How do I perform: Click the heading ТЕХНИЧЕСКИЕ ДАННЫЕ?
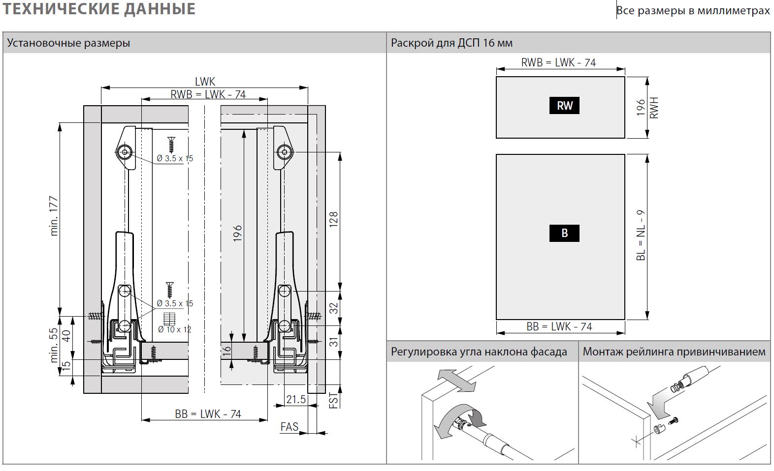coord(99,9)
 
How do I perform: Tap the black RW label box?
coord(564,105)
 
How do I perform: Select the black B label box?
coord(564,233)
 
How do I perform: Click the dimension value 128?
coord(333,219)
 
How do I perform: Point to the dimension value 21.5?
coord(296,399)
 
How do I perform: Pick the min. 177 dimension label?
coord(54,216)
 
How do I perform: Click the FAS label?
coord(289,426)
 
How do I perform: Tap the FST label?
coord(333,401)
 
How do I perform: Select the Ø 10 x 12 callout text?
coord(174,329)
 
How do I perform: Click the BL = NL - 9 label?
coord(641,235)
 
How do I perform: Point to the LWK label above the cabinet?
coord(205,82)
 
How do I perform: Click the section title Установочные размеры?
coord(68,43)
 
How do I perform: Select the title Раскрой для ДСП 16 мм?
coord(451,43)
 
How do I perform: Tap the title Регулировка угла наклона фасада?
coord(479,352)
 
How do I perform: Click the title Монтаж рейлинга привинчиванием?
coord(674,352)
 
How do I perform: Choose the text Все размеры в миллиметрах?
coord(693,10)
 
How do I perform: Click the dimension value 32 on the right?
coord(333,308)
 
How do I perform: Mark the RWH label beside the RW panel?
coord(654,108)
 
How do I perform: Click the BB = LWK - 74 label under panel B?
coord(559,326)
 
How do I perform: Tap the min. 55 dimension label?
coord(54,345)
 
